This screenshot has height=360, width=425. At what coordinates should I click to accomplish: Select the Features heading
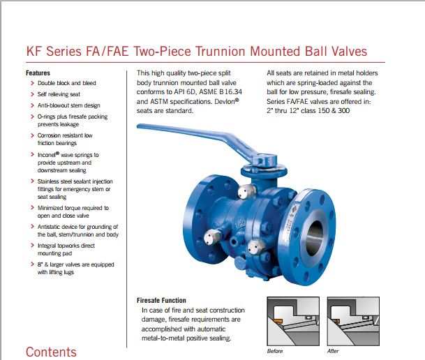(38, 73)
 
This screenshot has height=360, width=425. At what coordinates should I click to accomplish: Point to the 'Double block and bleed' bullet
(66, 82)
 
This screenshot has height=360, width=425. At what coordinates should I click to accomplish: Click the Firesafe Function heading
(161, 301)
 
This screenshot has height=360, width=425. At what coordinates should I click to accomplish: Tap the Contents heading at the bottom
(51, 351)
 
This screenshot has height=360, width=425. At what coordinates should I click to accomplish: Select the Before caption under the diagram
(275, 351)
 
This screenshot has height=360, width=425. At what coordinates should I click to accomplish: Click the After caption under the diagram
(333, 351)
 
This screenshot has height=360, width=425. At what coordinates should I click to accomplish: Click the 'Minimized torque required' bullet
(73, 208)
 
